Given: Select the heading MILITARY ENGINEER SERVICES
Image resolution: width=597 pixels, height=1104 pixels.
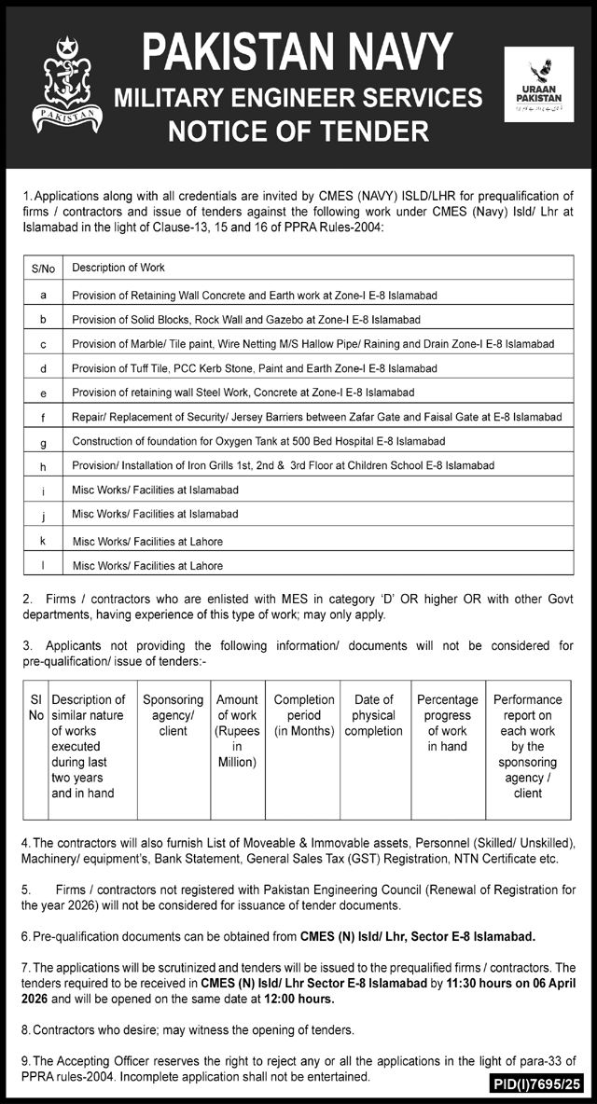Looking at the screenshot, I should point(298,98).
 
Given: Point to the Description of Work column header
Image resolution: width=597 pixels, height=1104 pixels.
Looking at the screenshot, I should point(118,268).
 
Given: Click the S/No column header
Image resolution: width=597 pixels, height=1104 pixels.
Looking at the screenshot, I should point(44,269).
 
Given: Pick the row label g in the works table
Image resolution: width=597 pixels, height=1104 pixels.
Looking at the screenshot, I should point(44,441).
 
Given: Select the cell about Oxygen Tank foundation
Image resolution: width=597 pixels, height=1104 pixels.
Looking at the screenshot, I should point(258,440).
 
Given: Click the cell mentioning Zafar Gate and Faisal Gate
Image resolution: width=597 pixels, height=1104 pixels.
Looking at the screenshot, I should point(317,416).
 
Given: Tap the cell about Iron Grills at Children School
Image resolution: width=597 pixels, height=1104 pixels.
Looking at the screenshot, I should point(283,464).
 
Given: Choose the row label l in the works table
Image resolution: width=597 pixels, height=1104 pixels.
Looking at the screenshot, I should point(44,565).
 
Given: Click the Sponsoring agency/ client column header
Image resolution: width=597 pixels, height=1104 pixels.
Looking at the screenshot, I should point(173,715).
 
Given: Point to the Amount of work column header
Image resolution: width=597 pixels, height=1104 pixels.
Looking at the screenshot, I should point(237,731).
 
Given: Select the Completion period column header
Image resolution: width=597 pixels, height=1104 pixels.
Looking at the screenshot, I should point(304,715).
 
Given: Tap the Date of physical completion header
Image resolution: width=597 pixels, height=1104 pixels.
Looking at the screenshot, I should point(373,715).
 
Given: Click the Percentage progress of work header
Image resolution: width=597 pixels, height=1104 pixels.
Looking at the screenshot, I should point(448,723).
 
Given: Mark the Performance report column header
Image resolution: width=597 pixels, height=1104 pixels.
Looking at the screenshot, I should point(528,746).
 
